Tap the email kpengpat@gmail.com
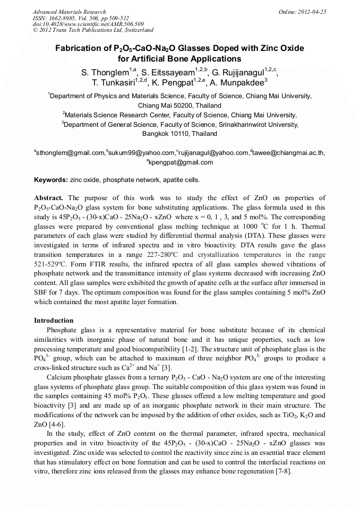[181, 162]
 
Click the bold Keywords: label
[51, 180]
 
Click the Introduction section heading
[54, 321]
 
